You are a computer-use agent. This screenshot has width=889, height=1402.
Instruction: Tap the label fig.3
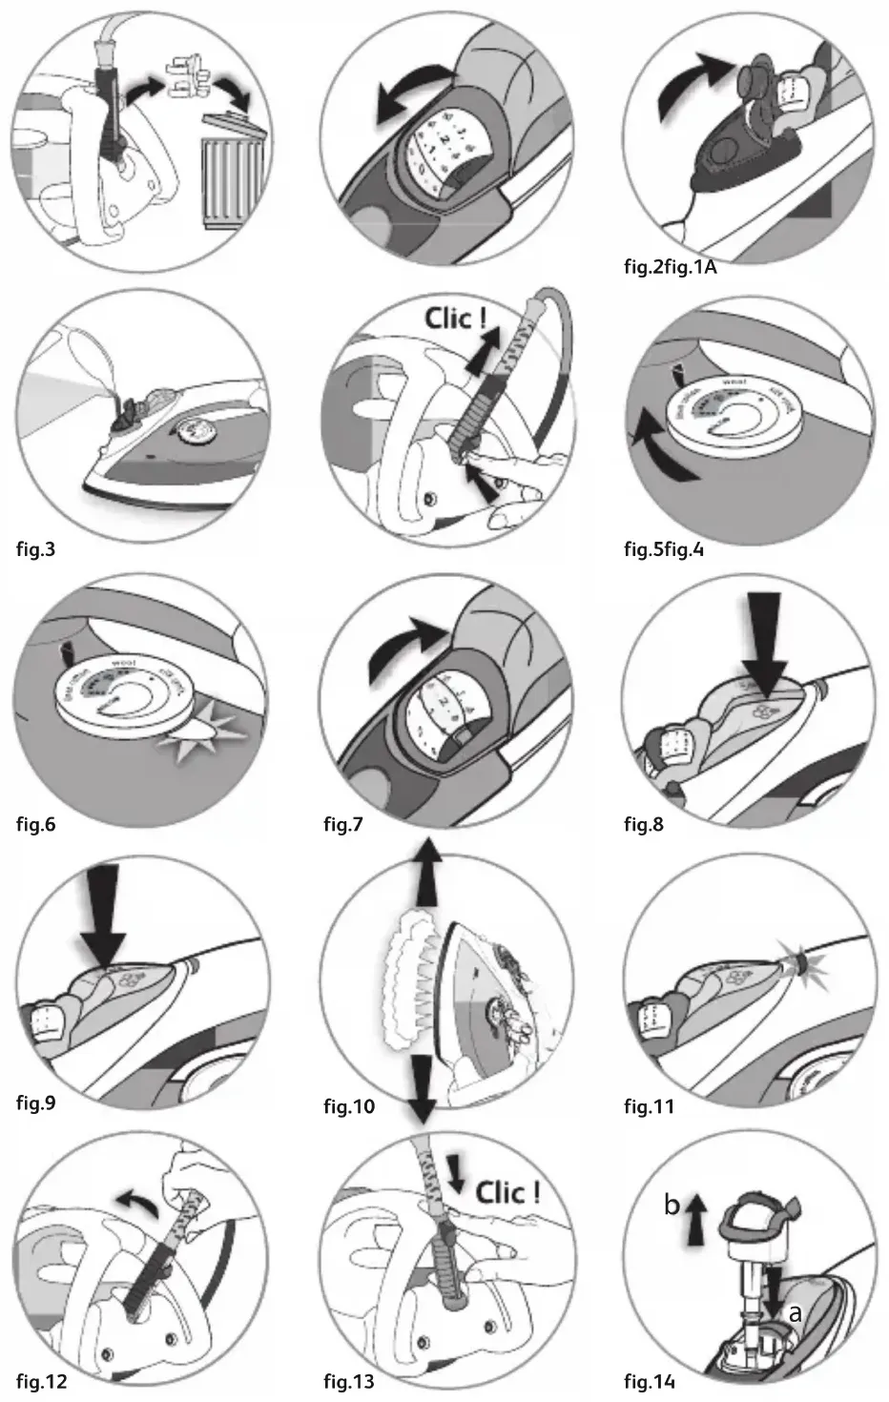click(36, 549)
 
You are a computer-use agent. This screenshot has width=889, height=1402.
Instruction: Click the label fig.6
click(36, 824)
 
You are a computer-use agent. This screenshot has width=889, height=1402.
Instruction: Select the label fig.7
click(343, 824)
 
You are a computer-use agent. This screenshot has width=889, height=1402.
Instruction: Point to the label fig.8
click(645, 824)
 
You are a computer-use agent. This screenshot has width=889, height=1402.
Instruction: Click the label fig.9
click(36, 1104)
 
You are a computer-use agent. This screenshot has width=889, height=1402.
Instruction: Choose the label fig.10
click(349, 1106)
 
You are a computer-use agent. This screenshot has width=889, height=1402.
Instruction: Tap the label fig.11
click(650, 1106)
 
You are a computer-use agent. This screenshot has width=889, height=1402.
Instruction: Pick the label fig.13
click(349, 1381)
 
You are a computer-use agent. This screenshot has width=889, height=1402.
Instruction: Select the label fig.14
click(650, 1381)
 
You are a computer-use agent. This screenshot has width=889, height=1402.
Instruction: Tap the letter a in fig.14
click(793, 1312)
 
